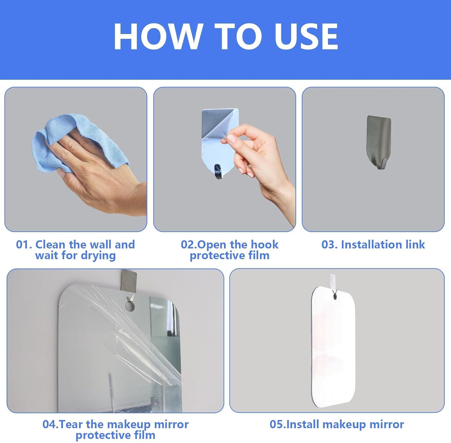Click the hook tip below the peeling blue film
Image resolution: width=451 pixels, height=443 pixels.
[218, 172]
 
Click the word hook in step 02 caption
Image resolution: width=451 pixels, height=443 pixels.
[265, 244]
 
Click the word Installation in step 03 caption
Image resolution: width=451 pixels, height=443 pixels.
[371, 244]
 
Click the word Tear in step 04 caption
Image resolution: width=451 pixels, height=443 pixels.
[71, 424]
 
